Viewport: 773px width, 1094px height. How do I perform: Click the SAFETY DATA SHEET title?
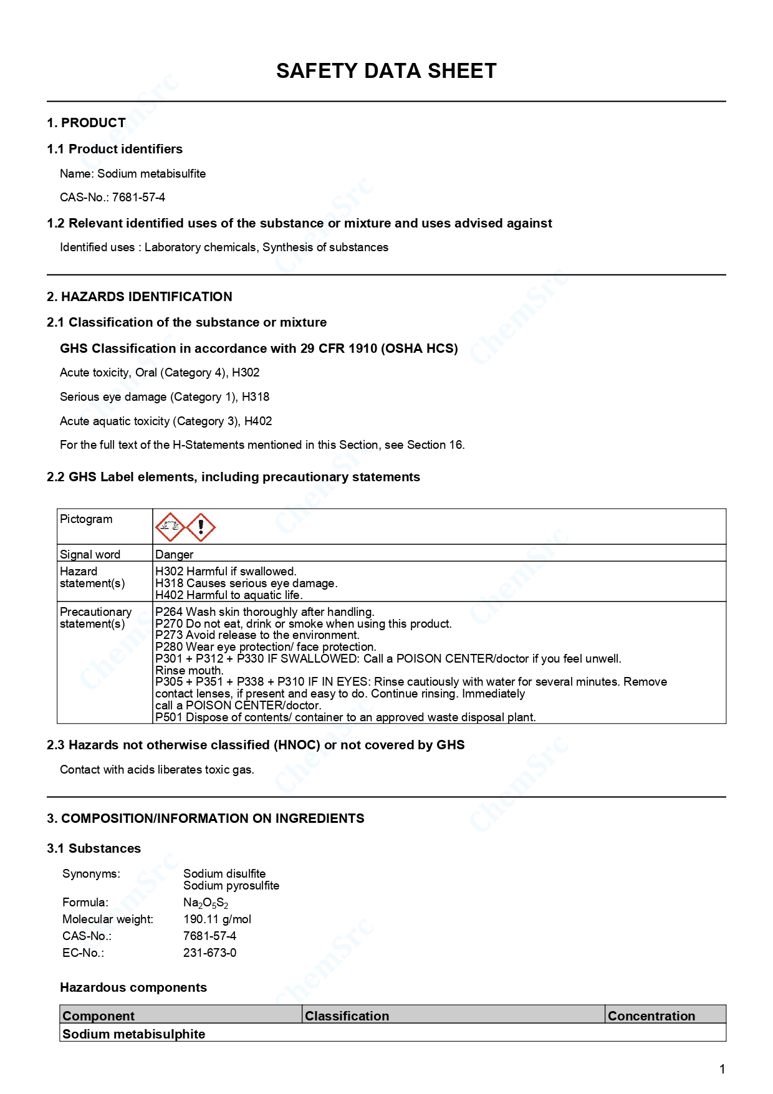coord(386,71)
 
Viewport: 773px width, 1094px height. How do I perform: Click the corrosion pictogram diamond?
coord(170,527)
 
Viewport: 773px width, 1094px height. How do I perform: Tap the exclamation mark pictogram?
coord(201,527)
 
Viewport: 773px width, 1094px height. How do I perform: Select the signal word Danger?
coord(175,554)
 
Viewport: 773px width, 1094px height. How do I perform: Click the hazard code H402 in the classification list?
coord(258,421)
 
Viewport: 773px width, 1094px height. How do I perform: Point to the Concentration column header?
coord(651,1015)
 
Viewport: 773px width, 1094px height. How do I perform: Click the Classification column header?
coord(347,1015)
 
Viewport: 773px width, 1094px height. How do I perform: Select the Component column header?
coord(98,1015)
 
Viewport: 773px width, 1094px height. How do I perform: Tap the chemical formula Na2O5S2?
coord(206,903)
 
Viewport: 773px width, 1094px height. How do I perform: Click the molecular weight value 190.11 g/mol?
coord(217,919)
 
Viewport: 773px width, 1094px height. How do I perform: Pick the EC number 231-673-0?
coord(209,952)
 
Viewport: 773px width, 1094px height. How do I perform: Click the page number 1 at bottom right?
coord(722,1069)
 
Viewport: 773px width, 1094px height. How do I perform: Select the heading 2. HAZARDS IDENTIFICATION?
coord(140,297)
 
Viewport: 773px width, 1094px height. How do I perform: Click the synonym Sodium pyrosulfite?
coord(231,885)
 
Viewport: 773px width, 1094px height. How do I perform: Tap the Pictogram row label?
coord(86,519)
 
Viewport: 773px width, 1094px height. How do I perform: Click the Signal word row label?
coord(90,554)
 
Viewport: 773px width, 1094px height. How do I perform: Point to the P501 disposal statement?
coord(345,717)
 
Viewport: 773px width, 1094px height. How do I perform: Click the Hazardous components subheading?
coord(133,987)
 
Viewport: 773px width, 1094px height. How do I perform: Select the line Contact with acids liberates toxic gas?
coord(157,769)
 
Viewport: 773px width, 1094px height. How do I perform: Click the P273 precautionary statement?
coord(257,635)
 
